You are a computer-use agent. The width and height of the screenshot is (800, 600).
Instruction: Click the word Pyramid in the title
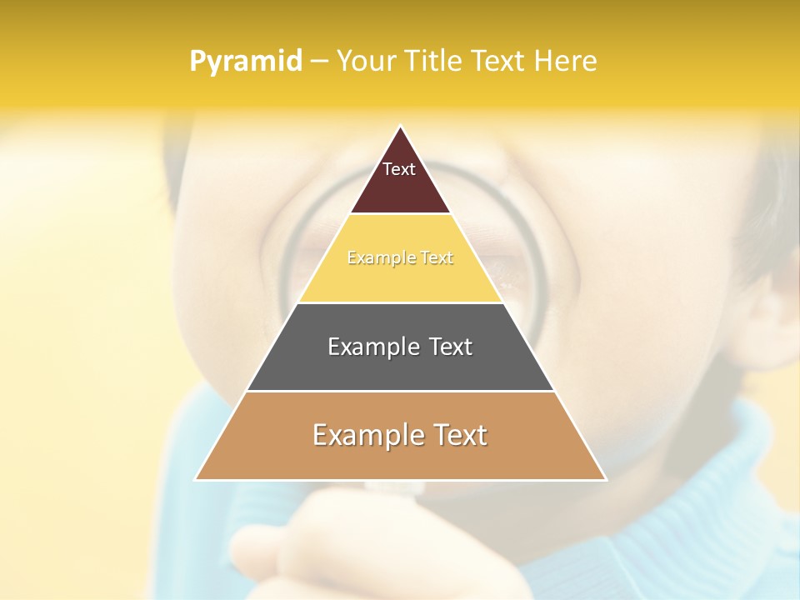click(x=246, y=61)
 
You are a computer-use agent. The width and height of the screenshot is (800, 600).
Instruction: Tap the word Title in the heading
click(x=437, y=61)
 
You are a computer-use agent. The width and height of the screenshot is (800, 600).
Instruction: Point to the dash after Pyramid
click(x=319, y=62)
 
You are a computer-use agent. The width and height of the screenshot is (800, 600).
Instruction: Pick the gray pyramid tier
click(x=400, y=367)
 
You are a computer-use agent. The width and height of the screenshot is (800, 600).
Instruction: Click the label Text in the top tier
click(x=399, y=169)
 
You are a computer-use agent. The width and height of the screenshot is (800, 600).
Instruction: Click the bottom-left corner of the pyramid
click(x=196, y=479)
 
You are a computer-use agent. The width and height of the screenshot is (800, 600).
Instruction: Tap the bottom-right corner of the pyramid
click(x=605, y=479)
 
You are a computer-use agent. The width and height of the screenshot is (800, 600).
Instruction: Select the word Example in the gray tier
click(x=367, y=347)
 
